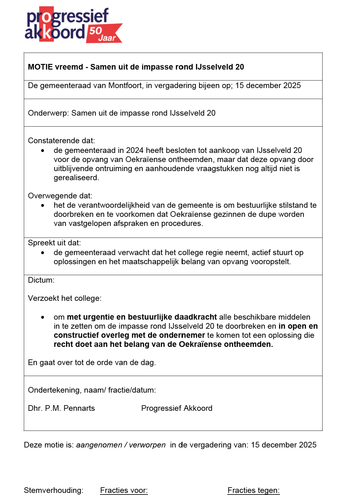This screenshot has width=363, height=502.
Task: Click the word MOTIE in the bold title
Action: [x=39, y=67]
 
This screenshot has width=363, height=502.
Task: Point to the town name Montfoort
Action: [x=125, y=86]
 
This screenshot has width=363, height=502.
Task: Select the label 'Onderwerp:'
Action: [x=48, y=113]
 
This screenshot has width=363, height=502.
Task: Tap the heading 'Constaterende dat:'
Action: [x=61, y=141]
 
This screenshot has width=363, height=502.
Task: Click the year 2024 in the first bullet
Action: [x=134, y=150]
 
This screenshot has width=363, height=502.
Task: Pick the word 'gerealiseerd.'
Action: [x=76, y=178]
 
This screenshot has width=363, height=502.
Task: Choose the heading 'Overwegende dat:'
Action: [x=60, y=196]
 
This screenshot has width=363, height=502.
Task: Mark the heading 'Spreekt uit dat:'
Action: [x=54, y=243]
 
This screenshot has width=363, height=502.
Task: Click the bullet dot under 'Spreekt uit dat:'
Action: [x=43, y=253]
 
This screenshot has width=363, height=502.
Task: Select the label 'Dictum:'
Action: [x=41, y=280]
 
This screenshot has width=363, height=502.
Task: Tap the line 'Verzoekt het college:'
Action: [x=65, y=298]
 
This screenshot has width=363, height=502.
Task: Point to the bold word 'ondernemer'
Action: [x=182, y=335]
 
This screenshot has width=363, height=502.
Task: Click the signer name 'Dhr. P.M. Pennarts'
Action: [x=61, y=408]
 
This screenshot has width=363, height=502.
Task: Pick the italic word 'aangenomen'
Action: [x=99, y=445]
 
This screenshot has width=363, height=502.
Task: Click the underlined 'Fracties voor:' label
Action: [x=124, y=490]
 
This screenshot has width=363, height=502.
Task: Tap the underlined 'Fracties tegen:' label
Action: [x=253, y=490]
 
